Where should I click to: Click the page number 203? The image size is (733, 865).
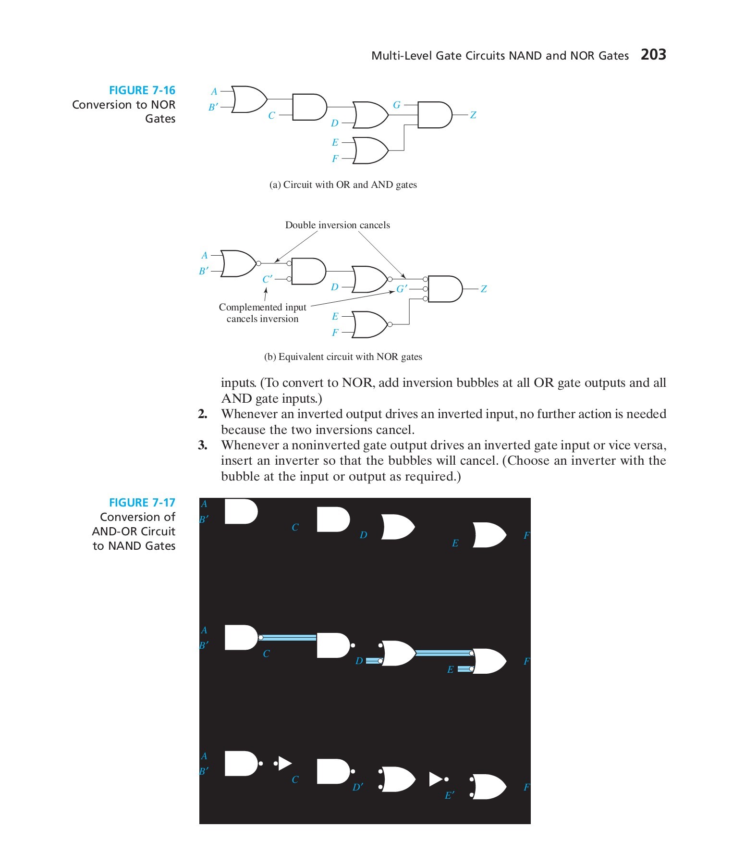(x=653, y=54)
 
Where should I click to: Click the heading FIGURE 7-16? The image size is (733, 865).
(x=142, y=90)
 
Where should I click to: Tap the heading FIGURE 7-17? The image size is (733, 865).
(x=142, y=503)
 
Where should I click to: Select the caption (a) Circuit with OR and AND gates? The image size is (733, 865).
(x=343, y=185)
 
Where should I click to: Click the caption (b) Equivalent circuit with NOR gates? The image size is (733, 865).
(x=343, y=357)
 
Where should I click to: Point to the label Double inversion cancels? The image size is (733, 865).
(x=337, y=225)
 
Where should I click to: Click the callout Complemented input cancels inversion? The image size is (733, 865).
(x=262, y=313)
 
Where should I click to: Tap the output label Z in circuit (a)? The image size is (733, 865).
(x=473, y=115)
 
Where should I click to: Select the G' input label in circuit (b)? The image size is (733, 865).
(x=402, y=289)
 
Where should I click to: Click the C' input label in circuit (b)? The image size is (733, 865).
(x=268, y=279)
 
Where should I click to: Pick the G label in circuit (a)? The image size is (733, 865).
(x=397, y=105)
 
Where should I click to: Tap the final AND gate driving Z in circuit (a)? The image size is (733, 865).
(x=434, y=115)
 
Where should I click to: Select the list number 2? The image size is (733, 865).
(x=203, y=414)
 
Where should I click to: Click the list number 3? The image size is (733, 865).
(x=203, y=445)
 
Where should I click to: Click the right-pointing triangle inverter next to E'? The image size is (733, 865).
(x=435, y=779)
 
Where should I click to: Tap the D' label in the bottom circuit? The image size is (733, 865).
(x=358, y=787)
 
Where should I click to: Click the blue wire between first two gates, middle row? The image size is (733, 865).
(x=288, y=638)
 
